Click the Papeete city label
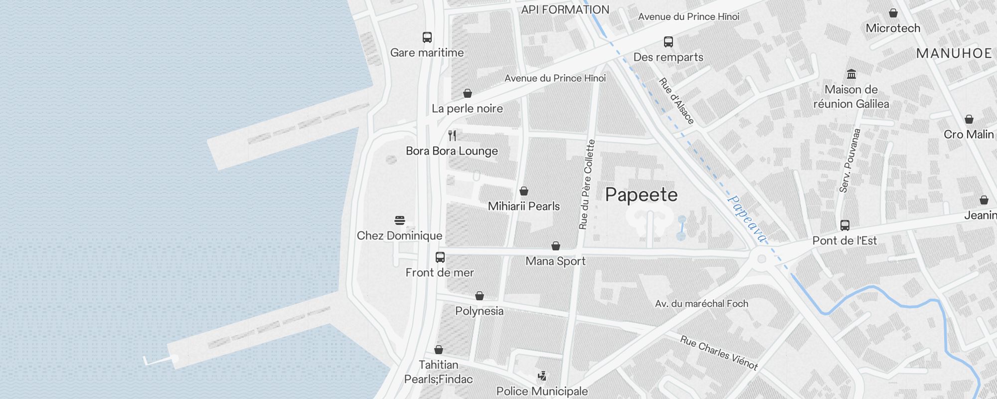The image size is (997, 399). pyautogui.click(x=641, y=195)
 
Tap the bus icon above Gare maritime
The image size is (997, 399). pyautogui.click(x=427, y=37)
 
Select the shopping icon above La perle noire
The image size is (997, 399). pyautogui.click(x=468, y=93)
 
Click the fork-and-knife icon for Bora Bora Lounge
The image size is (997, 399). pyautogui.click(x=452, y=136)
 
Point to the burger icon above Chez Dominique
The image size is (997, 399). pyautogui.click(x=400, y=220)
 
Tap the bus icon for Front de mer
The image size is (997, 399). pyautogui.click(x=440, y=257)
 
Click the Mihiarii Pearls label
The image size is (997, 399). pyautogui.click(x=523, y=206)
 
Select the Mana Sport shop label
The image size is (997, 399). pyautogui.click(x=555, y=261)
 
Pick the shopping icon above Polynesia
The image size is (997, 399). pyautogui.click(x=480, y=296)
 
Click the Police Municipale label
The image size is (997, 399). pyautogui.click(x=542, y=392)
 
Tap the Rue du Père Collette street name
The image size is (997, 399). pyautogui.click(x=587, y=185)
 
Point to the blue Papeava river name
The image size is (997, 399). pyautogui.click(x=746, y=218)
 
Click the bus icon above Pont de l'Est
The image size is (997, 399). pyautogui.click(x=845, y=225)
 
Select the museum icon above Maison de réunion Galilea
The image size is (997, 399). pyautogui.click(x=851, y=74)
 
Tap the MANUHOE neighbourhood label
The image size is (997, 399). pyautogui.click(x=954, y=54)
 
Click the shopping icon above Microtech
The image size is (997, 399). pyautogui.click(x=893, y=13)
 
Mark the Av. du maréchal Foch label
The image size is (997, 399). pyautogui.click(x=701, y=304)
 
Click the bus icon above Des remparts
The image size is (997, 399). pyautogui.click(x=668, y=42)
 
